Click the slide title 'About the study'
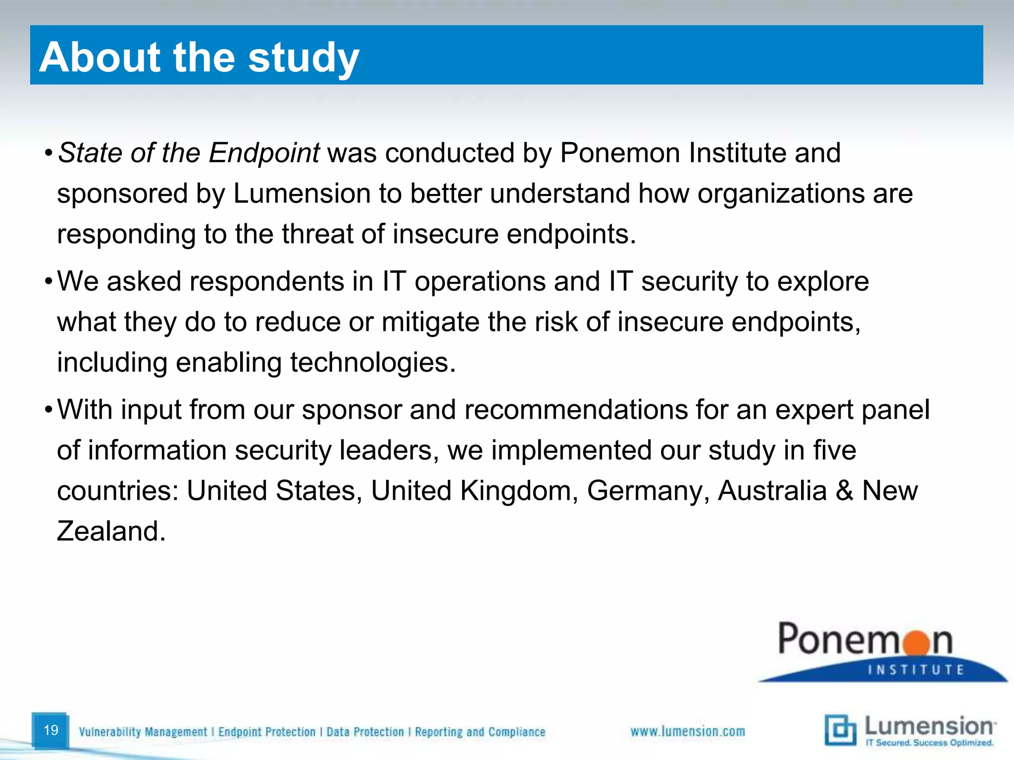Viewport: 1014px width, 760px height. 199,57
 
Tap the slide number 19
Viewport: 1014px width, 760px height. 51,730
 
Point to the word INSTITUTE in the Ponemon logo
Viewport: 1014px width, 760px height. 916,670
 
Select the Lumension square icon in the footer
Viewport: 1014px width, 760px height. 840,730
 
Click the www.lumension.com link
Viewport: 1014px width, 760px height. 687,731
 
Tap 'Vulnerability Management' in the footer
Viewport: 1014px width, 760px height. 143,732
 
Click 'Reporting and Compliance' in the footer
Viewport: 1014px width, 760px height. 480,732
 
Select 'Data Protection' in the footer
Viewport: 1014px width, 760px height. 365,732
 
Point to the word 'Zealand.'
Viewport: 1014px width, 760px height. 111,531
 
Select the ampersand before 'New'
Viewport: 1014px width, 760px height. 845,491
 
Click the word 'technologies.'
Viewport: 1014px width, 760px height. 373,363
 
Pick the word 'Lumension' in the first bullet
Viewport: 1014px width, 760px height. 302,193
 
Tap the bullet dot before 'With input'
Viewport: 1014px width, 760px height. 48,410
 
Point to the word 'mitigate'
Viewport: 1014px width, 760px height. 430,322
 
